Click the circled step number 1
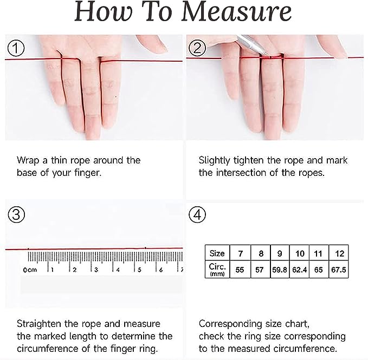point(16,48)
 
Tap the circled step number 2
point(197,48)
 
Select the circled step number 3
point(16,214)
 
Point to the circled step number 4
point(197,214)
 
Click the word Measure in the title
point(236,12)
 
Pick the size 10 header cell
point(300,253)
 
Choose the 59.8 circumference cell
point(280,269)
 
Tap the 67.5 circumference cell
point(338,269)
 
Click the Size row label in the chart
point(217,253)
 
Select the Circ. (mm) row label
point(217,269)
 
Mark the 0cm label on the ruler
point(30,270)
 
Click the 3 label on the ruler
point(96,270)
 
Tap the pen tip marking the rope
point(267,55)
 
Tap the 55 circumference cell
point(240,269)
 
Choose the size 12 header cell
point(339,253)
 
